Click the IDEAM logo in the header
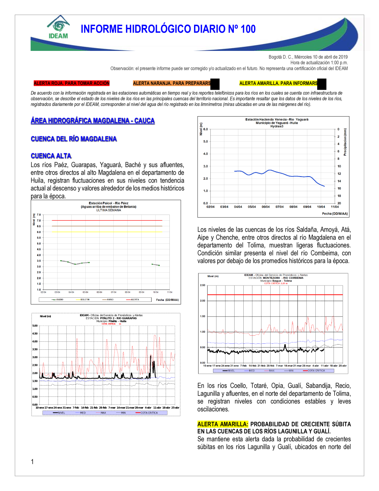tap(58, 27)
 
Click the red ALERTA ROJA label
tap(71, 83)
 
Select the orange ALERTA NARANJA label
tap(172, 83)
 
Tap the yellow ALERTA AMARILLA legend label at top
tap(278, 83)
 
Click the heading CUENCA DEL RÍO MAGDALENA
tap(74, 139)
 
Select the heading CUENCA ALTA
tap(51, 156)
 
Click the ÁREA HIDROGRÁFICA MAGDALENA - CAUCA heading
tap(92, 121)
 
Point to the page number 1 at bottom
tap(32, 462)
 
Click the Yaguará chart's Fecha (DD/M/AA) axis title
tap(335, 214)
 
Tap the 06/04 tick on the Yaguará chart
tap(266, 207)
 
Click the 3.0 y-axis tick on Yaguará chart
tap(205, 166)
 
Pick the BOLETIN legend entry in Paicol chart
tap(85, 300)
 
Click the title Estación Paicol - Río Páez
tap(108, 203)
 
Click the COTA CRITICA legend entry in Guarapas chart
tap(149, 413)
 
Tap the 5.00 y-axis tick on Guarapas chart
tap(35, 326)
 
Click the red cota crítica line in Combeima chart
tap(275, 295)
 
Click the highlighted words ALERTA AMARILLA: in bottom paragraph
tap(222, 424)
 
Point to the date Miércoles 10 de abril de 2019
tap(321, 57)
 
